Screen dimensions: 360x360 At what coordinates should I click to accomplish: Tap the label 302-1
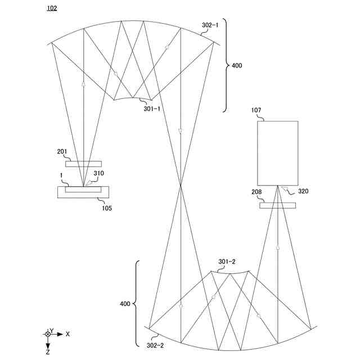[211, 25]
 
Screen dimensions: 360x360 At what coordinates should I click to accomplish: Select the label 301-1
[151, 109]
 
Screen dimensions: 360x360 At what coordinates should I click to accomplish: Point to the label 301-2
[227, 262]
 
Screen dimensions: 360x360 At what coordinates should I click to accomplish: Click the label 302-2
[155, 346]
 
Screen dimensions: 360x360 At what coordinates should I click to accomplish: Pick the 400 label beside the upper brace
[237, 66]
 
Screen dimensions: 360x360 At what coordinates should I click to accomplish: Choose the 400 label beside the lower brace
[125, 304]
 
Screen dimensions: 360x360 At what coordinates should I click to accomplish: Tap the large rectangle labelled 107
[278, 153]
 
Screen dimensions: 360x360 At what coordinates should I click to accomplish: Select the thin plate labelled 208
[277, 205]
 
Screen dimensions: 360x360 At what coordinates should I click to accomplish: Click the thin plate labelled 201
[83, 164]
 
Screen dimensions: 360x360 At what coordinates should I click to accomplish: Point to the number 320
[303, 191]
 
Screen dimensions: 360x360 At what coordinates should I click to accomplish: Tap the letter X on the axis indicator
[67, 334]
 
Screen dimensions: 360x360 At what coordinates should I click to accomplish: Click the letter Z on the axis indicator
[48, 352]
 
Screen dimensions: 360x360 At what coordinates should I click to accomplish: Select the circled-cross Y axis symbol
[48, 334]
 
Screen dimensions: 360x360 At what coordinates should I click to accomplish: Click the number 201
[62, 151]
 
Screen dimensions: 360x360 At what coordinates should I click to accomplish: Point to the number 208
[257, 193]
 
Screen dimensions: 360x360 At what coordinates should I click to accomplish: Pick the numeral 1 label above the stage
[61, 176]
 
